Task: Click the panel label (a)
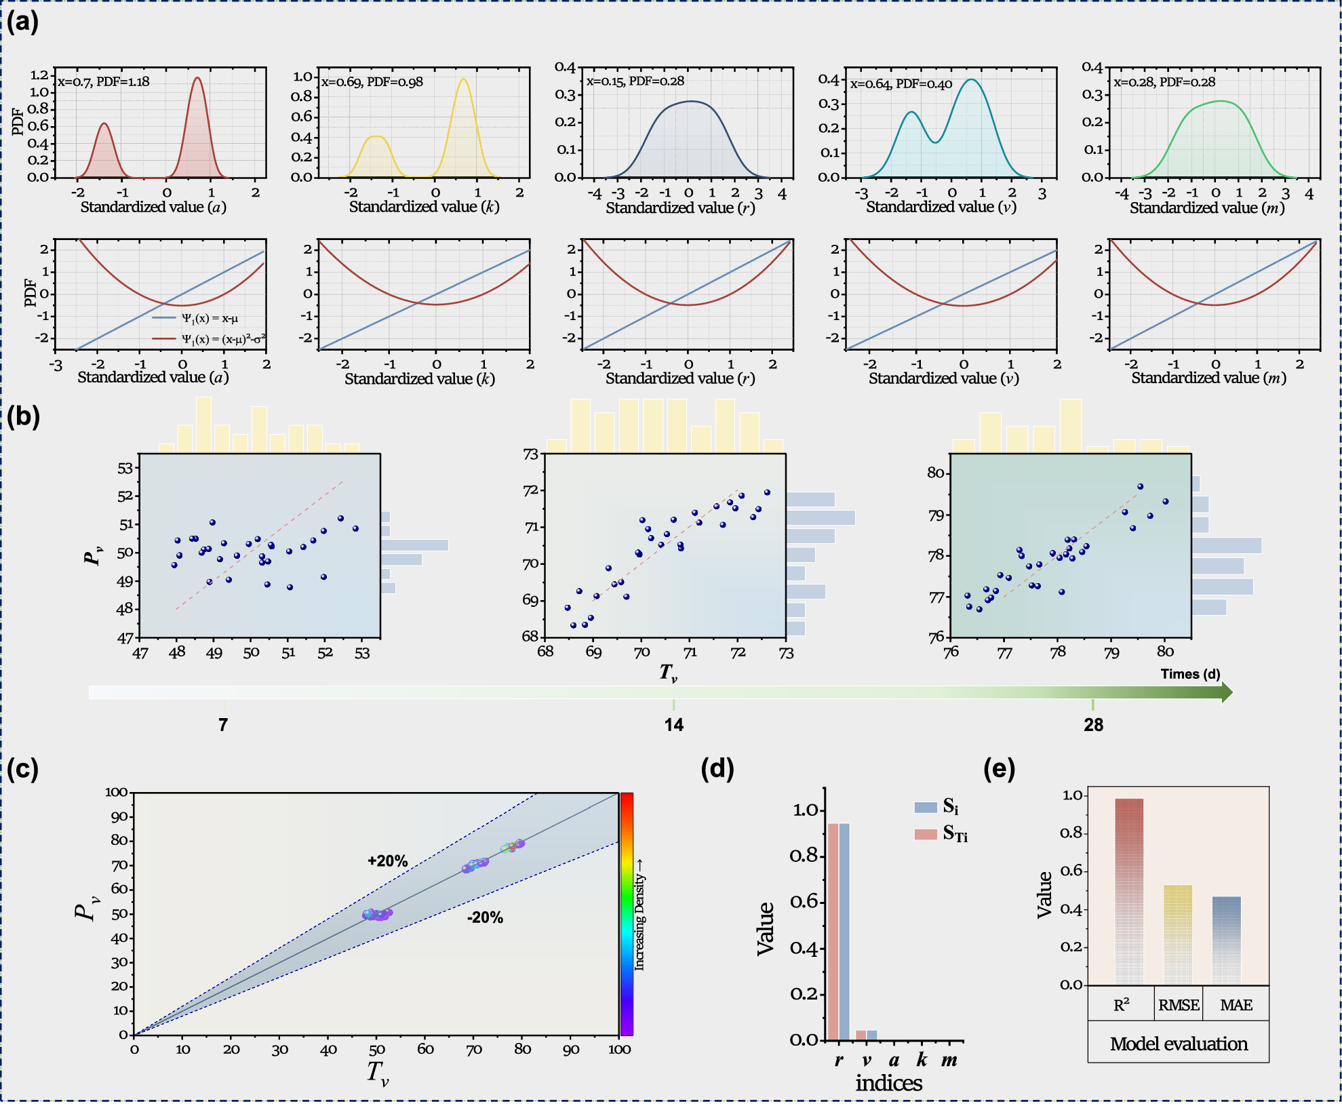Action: tap(22, 22)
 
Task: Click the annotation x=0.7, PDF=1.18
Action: tap(103, 82)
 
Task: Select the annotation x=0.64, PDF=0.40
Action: tap(901, 84)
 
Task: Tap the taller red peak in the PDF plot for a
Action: tap(197, 80)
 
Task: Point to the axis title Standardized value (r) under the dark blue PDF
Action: tap(680, 208)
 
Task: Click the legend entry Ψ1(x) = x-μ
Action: tap(209, 318)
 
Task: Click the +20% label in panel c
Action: tap(387, 861)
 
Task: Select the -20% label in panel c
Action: tap(485, 917)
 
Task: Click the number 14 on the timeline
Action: tap(673, 725)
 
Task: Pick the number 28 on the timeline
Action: tap(1093, 725)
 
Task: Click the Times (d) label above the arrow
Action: tap(1190, 674)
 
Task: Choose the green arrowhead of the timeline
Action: tap(1226, 692)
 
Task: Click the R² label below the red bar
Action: tap(1121, 1005)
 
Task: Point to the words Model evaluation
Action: tap(1179, 1044)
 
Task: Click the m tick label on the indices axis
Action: tap(949, 1061)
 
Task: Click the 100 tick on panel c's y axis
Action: tap(116, 792)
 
